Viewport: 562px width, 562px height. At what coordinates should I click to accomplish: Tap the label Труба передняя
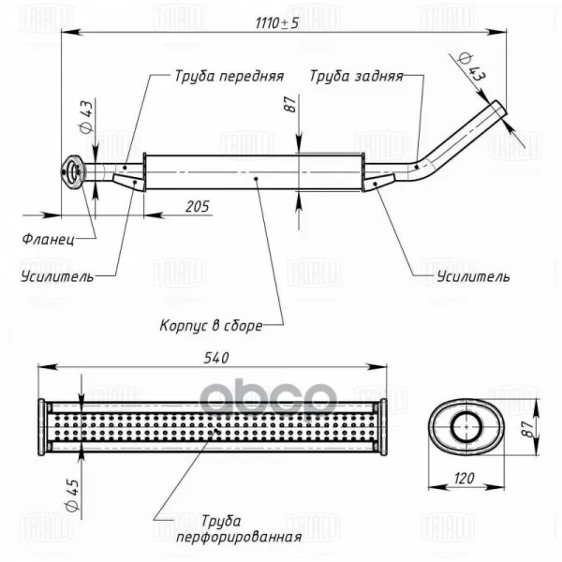pyautogui.click(x=229, y=76)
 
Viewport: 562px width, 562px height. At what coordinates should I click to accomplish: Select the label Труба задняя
pyautogui.click(x=357, y=76)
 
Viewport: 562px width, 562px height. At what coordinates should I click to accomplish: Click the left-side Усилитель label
pyautogui.click(x=56, y=276)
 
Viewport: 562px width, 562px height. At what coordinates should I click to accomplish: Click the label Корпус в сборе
pyautogui.click(x=210, y=326)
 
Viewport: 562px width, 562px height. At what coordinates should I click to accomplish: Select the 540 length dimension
pyautogui.click(x=214, y=357)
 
